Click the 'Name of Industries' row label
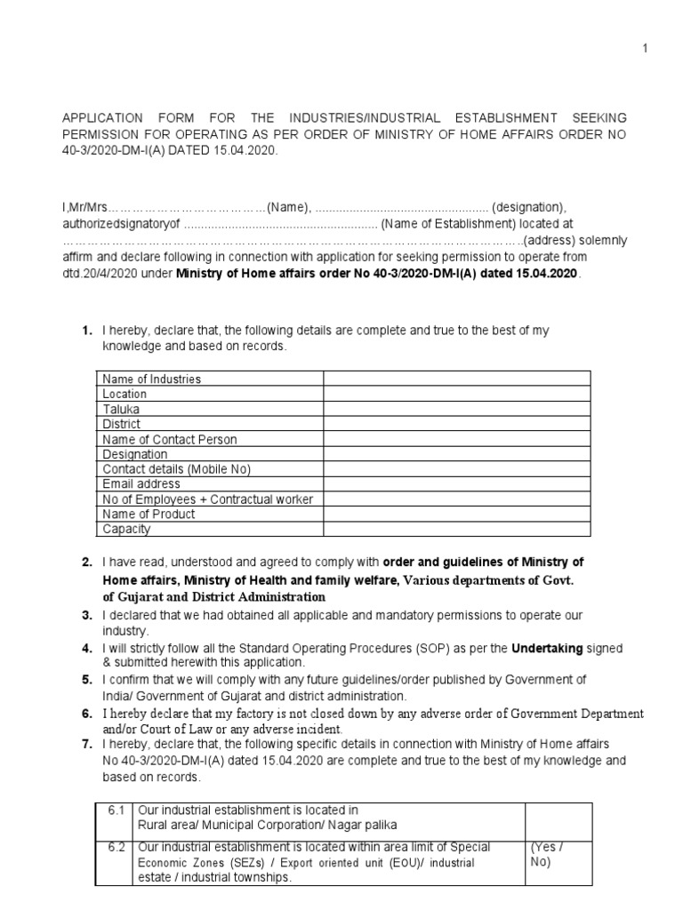(x=151, y=379)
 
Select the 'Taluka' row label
(x=121, y=410)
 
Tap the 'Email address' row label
(x=141, y=484)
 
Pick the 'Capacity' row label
(x=126, y=530)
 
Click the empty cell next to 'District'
(x=455, y=425)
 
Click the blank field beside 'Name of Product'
(x=455, y=515)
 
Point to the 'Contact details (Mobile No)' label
(x=177, y=469)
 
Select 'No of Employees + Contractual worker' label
(x=207, y=499)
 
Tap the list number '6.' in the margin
(x=87, y=714)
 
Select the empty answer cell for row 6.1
(x=557, y=817)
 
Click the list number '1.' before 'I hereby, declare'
(x=87, y=331)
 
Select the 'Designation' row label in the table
(x=134, y=454)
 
